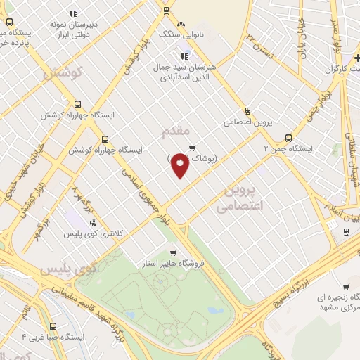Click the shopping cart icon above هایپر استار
[173, 252]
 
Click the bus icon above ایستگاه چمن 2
[288, 139]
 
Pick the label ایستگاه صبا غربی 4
[53, 336]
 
